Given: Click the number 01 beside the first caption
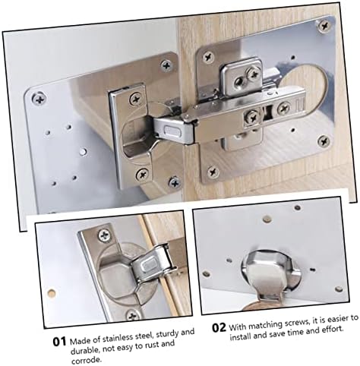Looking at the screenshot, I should click(60, 342).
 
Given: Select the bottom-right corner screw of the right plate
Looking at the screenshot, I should click(323, 140).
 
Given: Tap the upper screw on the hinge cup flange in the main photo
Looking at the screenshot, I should click(136, 98).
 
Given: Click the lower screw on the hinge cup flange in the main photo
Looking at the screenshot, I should click(141, 174).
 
